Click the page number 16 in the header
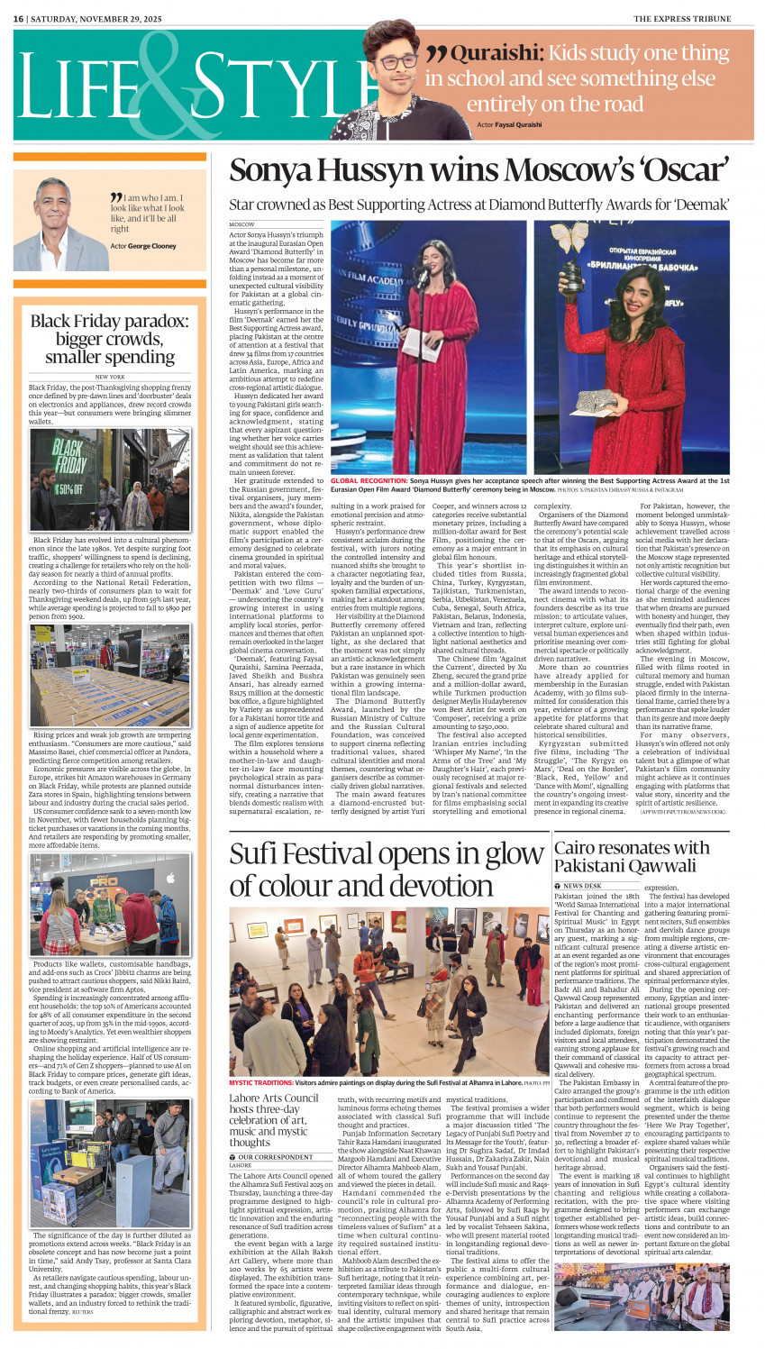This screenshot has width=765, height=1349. pyautogui.click(x=17, y=18)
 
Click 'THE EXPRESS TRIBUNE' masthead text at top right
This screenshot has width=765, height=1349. pyautogui.click(x=693, y=18)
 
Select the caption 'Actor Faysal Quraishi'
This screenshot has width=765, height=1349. pyautogui.click(x=509, y=124)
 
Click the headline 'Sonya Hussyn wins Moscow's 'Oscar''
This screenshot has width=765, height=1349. pyautogui.click(x=478, y=170)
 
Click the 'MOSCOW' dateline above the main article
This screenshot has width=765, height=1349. pyautogui.click(x=241, y=224)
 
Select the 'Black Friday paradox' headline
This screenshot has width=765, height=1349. pyautogui.click(x=110, y=339)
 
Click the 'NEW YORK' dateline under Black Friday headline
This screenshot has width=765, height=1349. pyautogui.click(x=110, y=377)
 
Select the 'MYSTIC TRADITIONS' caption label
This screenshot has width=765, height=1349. pyautogui.click(x=260, y=1082)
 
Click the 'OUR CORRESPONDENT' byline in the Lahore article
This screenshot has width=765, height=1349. pyautogui.click(x=275, y=1156)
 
